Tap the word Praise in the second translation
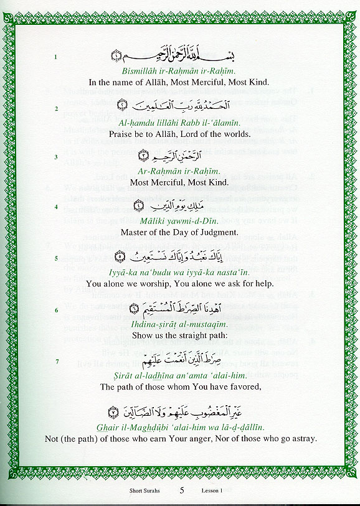click(x=120, y=134)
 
